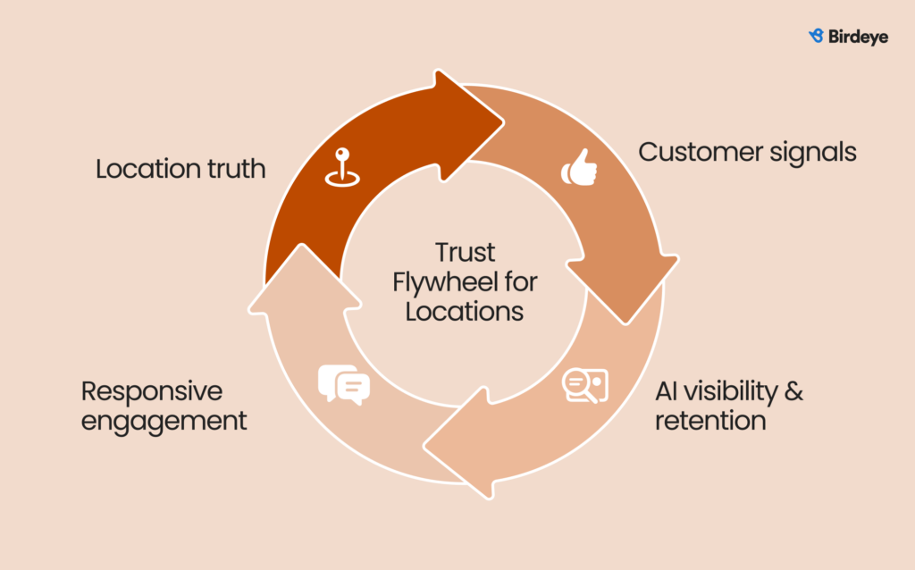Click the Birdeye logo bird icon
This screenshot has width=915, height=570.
[816, 37]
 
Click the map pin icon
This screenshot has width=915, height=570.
[340, 168]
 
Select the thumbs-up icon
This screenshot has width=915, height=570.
[580, 169]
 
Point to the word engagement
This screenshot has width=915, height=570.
[164, 421]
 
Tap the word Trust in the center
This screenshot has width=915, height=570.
[465, 253]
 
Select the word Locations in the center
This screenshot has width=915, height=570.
[464, 312]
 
